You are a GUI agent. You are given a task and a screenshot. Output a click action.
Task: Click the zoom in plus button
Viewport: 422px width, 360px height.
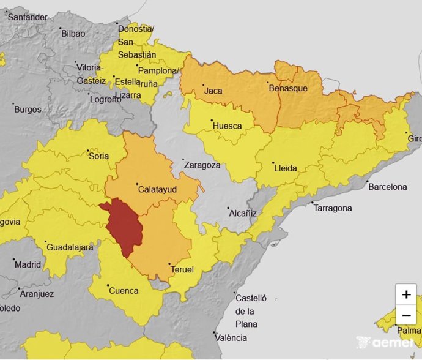(x=406, y=294)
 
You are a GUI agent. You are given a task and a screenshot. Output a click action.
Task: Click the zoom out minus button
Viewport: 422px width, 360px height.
(x=406, y=315)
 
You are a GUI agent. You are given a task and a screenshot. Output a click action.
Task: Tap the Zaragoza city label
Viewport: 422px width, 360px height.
(x=201, y=165)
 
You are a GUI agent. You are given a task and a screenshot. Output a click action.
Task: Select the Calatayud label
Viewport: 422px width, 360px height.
(x=157, y=190)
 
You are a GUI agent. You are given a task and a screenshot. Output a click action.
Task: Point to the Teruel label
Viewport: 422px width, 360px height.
(x=183, y=269)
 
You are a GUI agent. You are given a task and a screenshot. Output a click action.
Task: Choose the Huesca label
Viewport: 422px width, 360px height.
(x=227, y=126)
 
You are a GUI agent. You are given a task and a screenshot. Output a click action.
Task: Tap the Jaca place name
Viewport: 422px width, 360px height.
(x=213, y=91)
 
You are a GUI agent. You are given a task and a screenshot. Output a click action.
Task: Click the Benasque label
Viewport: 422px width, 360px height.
(x=288, y=88)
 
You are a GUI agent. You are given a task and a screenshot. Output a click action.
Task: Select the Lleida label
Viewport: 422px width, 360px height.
(x=285, y=168)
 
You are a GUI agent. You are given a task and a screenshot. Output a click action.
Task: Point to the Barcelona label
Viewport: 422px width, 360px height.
(x=387, y=187)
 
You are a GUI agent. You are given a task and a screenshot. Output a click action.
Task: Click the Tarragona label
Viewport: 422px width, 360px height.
(x=333, y=208)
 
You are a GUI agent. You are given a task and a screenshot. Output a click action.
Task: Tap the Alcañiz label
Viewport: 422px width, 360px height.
(x=242, y=214)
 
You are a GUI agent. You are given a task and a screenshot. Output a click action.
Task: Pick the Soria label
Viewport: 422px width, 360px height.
(x=99, y=156)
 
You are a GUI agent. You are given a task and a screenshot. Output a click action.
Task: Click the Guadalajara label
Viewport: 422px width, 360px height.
(x=70, y=247)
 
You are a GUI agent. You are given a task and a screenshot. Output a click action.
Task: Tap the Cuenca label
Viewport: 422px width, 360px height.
(x=124, y=291)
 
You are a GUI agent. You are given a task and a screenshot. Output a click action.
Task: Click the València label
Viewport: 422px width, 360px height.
(x=231, y=338)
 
